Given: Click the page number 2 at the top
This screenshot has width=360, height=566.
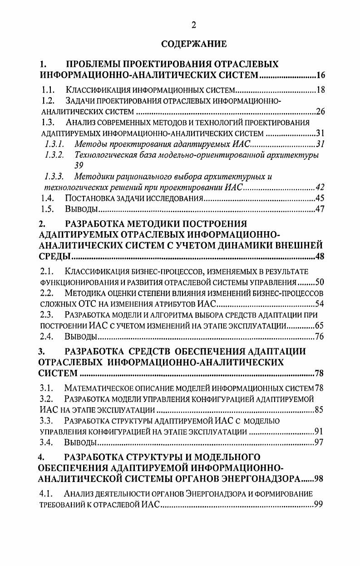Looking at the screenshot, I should [x=194, y=25].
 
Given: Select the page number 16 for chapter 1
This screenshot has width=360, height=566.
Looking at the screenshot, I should [x=321, y=75].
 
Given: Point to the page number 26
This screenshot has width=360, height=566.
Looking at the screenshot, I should [x=321, y=112].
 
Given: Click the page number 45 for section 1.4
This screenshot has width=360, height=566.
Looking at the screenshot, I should [x=321, y=199].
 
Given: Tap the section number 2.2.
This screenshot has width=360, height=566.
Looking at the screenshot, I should [x=48, y=293].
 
